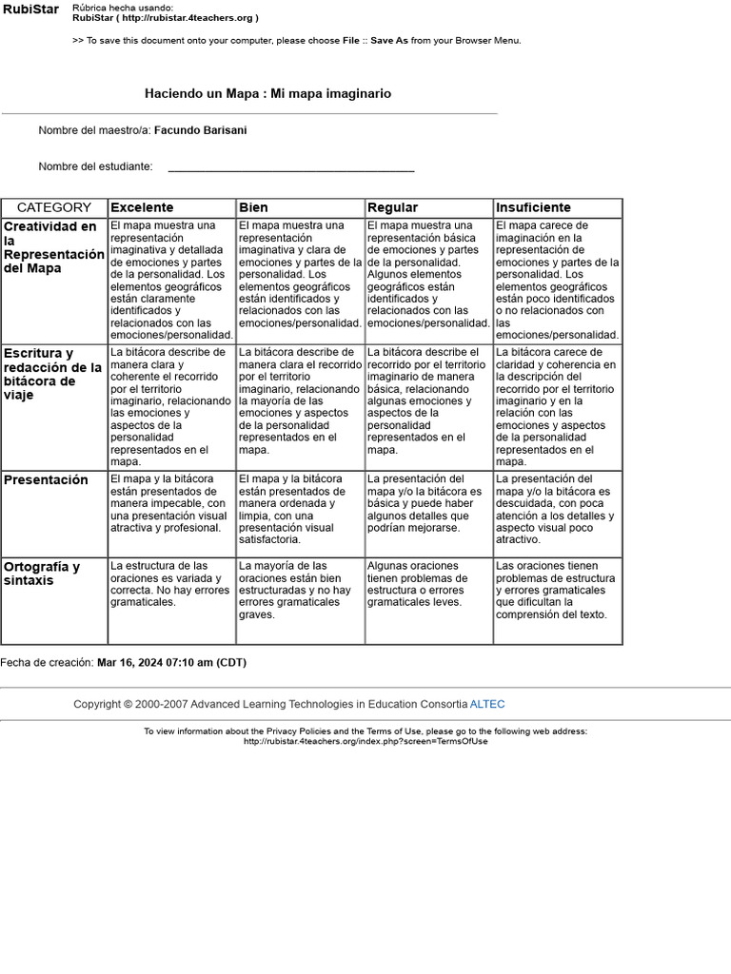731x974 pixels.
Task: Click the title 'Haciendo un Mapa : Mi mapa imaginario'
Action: [267, 94]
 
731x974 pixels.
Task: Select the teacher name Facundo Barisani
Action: [200, 130]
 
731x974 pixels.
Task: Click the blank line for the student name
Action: [290, 168]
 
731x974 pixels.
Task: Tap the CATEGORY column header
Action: [54, 207]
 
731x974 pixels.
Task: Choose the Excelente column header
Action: [143, 207]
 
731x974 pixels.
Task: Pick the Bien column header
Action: [254, 207]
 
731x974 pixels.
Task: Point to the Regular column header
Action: [393, 207]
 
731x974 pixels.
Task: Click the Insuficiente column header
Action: [533, 207]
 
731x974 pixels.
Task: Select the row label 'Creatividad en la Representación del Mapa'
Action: [53, 247]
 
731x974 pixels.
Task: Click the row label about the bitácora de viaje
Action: [52, 374]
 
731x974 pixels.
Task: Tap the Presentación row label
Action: [46, 480]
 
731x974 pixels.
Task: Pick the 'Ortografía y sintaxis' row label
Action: [42, 574]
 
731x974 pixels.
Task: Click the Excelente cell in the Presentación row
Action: [171, 503]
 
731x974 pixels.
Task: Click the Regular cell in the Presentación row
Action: [428, 503]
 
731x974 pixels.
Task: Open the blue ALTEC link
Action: [487, 705]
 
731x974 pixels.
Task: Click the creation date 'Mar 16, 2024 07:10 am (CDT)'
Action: [171, 663]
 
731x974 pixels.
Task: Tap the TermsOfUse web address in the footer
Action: [365, 742]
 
